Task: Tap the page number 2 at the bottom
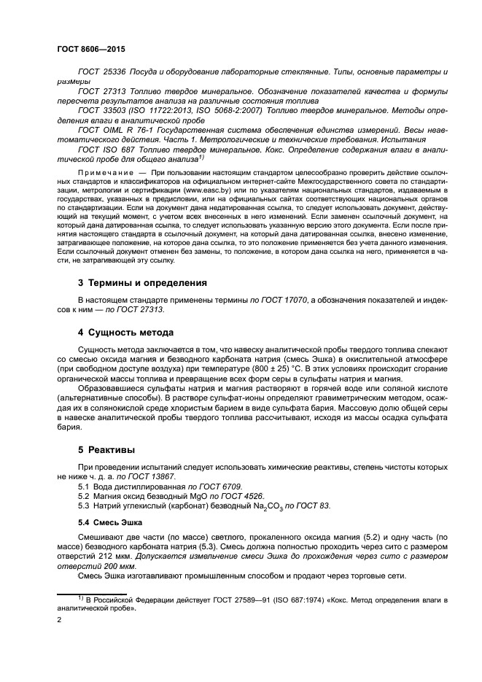pyautogui.click(x=59, y=620)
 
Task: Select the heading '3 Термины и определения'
pyautogui.click(x=142, y=282)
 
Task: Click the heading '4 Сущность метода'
pyautogui.click(x=125, y=333)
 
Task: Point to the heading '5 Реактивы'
pyautogui.click(x=105, y=451)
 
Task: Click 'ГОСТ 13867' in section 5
pyautogui.click(x=150, y=476)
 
